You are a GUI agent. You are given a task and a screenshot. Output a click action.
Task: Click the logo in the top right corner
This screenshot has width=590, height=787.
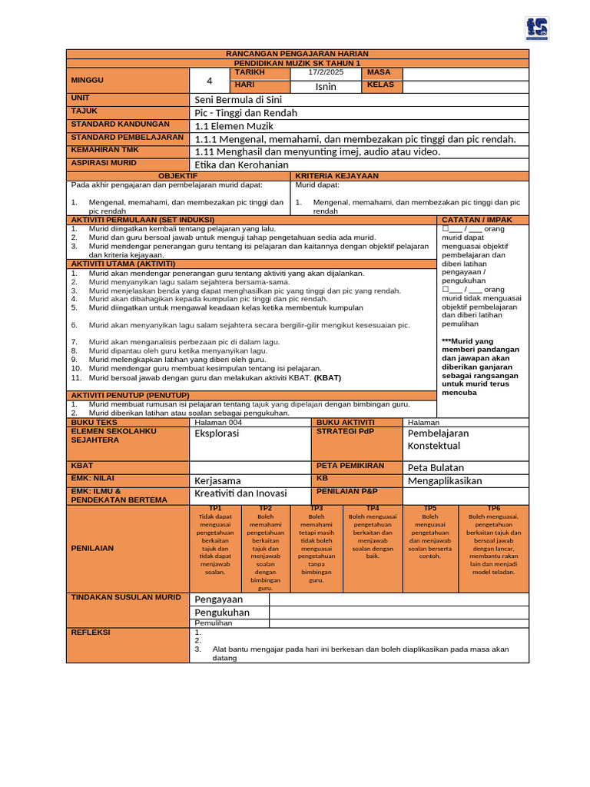pos(538,28)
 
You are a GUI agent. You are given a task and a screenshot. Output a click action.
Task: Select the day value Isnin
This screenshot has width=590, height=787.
pos(326,87)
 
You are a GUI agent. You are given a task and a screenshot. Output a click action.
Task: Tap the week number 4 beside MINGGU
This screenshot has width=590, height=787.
pos(209,81)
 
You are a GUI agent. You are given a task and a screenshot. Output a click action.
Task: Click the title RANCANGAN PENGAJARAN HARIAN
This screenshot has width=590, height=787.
pos(297,54)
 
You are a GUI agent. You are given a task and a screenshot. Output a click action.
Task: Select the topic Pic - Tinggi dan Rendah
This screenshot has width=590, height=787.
pos(246,113)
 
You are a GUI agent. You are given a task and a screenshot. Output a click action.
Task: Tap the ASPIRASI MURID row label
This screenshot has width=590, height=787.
pos(99,163)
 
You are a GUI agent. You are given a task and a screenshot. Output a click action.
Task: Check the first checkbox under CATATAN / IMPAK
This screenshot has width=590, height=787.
pos(446,229)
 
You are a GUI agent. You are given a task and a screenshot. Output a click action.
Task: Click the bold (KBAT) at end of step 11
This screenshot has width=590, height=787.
pos(327,378)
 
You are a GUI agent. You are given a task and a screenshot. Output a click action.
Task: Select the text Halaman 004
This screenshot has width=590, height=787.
pos(218,422)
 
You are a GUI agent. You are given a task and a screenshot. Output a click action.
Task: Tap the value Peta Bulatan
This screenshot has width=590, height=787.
pos(436,467)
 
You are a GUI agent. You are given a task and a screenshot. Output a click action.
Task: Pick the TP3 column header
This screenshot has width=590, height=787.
pos(316,508)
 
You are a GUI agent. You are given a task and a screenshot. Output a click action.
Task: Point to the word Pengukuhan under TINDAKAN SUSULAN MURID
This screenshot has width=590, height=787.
pos(222,613)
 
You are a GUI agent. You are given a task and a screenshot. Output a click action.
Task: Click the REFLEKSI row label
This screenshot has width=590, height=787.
pos(91,633)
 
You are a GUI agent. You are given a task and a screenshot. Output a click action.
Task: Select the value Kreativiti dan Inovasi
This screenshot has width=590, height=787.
pos(240,493)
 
